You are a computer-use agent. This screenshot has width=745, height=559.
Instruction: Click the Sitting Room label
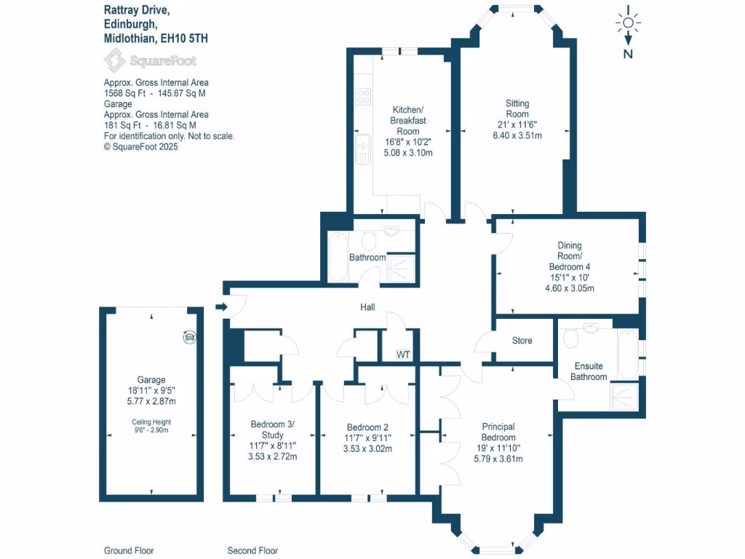[517, 108]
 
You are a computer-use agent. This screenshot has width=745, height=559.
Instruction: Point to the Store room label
[522, 341]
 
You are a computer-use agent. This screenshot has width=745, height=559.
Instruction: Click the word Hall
[367, 308]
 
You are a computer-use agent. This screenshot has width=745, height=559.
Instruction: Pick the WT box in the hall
[403, 354]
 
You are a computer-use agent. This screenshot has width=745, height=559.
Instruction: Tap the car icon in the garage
[190, 336]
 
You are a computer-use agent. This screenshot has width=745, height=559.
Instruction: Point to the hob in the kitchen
[362, 97]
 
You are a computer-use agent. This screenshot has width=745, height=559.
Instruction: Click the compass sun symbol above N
[628, 23]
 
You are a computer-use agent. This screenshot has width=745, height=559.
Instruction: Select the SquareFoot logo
[150, 60]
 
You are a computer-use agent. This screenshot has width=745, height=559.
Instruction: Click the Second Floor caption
[252, 551]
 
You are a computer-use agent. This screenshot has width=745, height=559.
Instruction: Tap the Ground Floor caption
[129, 551]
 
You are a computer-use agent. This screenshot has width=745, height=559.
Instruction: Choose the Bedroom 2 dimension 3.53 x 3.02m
[368, 449]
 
